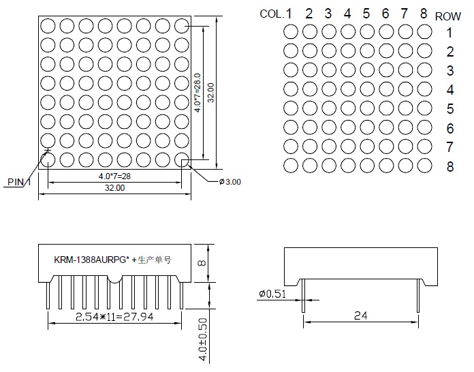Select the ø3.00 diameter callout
(x=230, y=181)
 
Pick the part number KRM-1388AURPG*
(x=92, y=260)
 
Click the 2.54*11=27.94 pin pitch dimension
(x=114, y=317)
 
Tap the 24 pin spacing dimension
(x=361, y=315)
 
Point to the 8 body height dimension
(x=202, y=262)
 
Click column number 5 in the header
(x=366, y=13)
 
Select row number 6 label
(x=450, y=128)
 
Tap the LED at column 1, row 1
(x=291, y=31)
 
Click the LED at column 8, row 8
(x=425, y=166)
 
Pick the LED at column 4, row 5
(x=348, y=108)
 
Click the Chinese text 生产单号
(x=154, y=260)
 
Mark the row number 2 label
(x=450, y=52)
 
